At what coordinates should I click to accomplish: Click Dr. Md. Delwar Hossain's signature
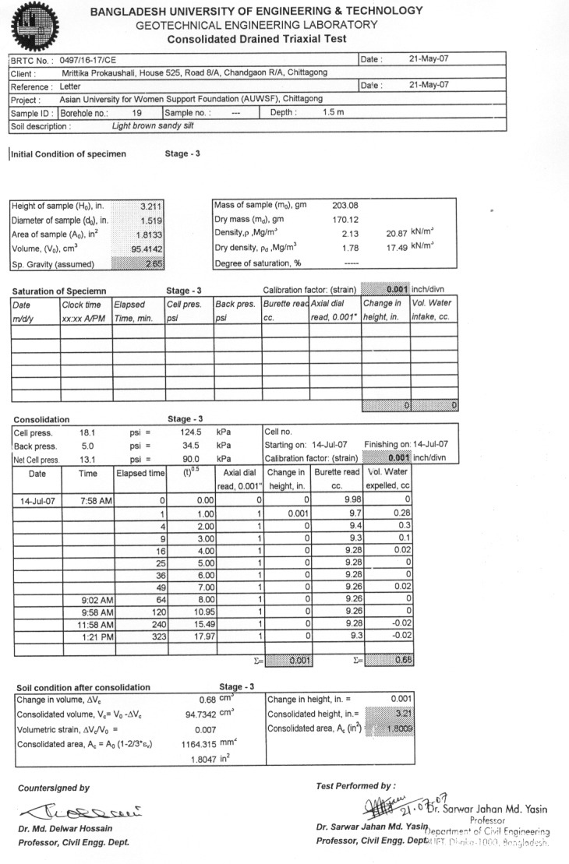(76, 809)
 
